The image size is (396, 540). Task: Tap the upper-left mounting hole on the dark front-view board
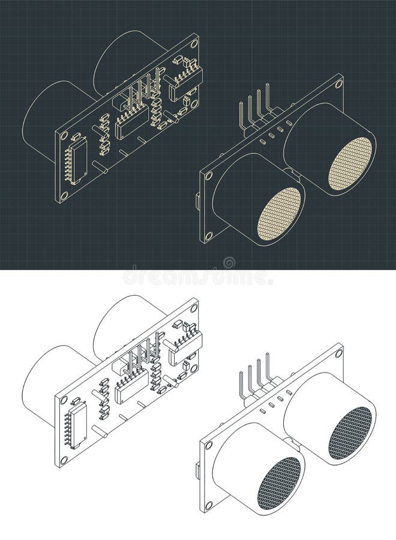(209, 174)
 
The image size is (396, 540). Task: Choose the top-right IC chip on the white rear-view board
(186, 349)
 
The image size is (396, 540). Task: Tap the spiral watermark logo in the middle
(229, 263)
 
